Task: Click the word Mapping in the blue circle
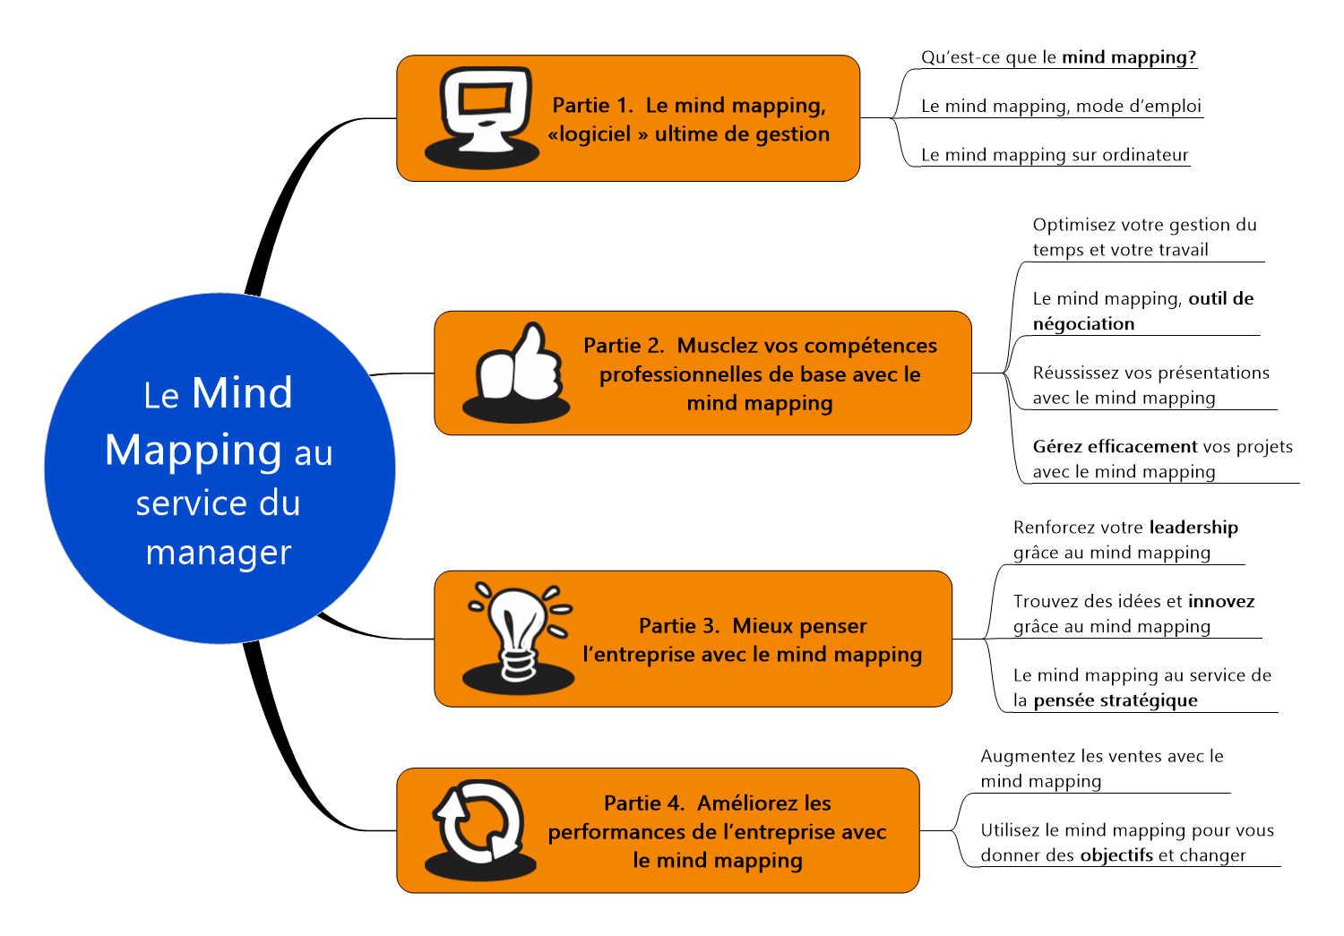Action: click(x=193, y=451)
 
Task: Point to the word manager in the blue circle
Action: click(x=219, y=553)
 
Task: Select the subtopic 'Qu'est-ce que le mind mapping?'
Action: click(x=1058, y=57)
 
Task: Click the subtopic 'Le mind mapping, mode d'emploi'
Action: click(x=1061, y=106)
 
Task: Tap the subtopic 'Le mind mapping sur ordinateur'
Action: click(x=1055, y=155)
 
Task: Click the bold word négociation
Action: click(x=1083, y=323)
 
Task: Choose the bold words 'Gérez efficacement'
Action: click(x=1115, y=446)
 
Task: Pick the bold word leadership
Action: click(x=1193, y=527)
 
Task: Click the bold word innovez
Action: click(x=1221, y=601)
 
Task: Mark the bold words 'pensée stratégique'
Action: click(x=1116, y=700)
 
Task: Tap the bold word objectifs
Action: click(x=1116, y=855)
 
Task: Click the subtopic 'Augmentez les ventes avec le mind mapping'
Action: click(x=1101, y=769)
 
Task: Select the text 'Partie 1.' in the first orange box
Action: click(x=592, y=106)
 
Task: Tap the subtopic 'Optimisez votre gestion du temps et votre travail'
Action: click(x=1144, y=237)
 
